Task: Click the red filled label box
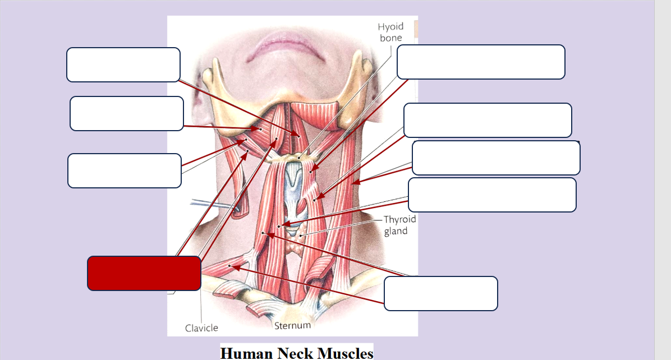pos(144,273)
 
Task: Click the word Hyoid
pos(390,27)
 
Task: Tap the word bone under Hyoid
pos(390,38)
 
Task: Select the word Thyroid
pos(399,220)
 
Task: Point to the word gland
pos(396,231)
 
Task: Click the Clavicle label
pos(201,328)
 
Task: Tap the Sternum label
pos(292,325)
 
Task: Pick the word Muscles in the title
pos(344,353)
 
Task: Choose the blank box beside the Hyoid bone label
pos(480,62)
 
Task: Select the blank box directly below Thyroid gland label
pos(440,293)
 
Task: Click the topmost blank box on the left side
pos(123,64)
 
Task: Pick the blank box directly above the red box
pos(125,170)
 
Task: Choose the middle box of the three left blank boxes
pos(127,113)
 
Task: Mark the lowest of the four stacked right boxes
pos(492,195)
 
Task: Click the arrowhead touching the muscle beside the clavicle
pos(235,267)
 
